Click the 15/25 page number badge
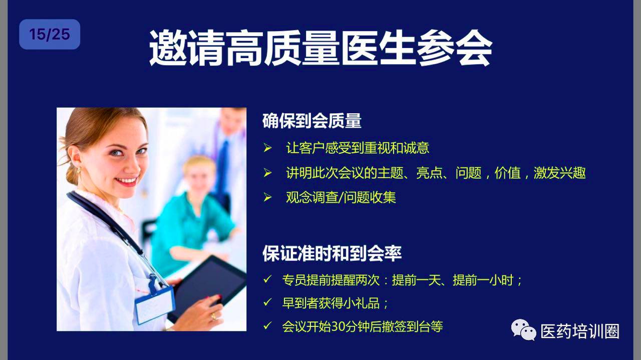click(50, 35)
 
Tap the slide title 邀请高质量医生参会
click(320, 48)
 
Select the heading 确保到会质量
click(312, 121)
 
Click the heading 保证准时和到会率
click(332, 253)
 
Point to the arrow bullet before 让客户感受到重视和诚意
click(267, 148)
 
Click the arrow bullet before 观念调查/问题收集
click(267, 197)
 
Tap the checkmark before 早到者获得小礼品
click(267, 302)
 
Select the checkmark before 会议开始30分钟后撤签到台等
click(267, 325)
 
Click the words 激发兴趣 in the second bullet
click(560, 173)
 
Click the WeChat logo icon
click(523, 330)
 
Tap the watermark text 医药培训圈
click(580, 331)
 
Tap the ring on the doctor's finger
click(213, 316)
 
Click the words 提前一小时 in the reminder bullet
click(483, 280)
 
